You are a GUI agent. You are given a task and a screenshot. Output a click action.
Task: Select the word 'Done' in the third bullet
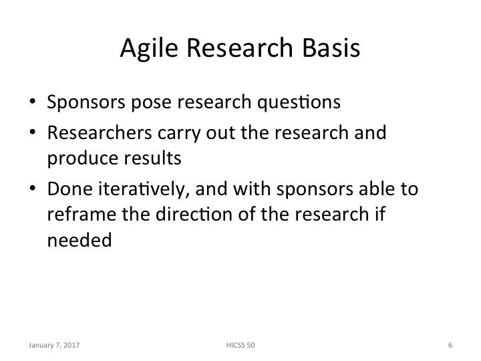point(67,190)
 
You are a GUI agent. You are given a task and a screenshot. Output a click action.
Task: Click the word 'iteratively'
point(136,190)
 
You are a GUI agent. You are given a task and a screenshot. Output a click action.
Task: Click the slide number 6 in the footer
point(450,346)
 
